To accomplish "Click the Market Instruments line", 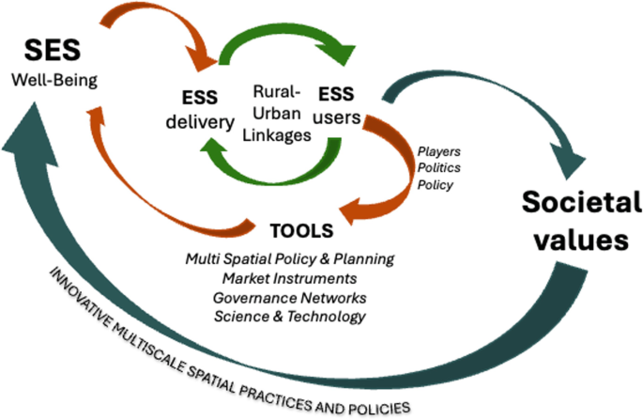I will tap(288, 278).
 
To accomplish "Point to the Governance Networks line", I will tap(288, 298).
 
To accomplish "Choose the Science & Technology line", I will tap(288, 317).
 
